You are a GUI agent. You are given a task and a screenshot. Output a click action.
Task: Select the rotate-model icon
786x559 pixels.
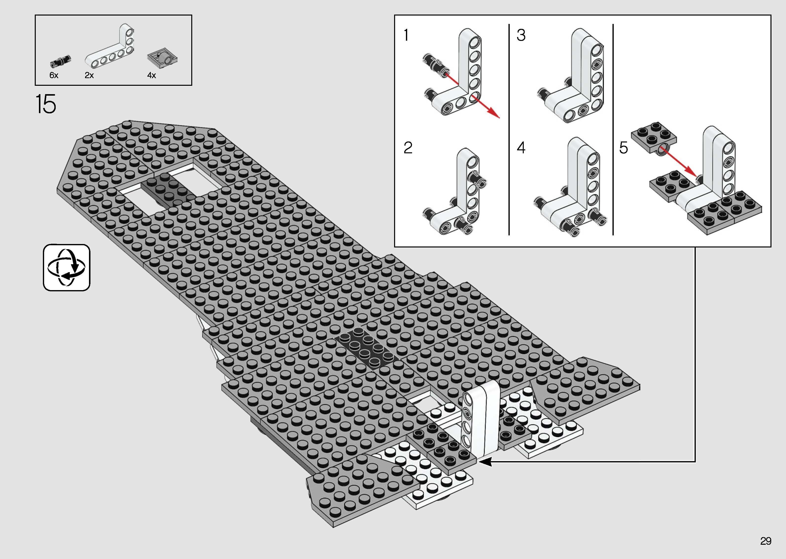(66, 267)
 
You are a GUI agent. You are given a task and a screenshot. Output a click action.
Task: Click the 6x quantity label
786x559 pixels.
(54, 75)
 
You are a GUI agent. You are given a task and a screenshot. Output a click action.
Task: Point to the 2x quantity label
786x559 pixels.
(89, 75)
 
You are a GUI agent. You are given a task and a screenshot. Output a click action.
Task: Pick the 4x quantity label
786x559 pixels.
(151, 75)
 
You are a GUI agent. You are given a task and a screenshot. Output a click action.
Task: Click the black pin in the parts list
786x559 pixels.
(60, 61)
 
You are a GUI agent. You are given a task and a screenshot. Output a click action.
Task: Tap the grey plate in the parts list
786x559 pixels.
(163, 58)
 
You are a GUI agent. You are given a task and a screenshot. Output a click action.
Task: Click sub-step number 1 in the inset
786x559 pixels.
(406, 35)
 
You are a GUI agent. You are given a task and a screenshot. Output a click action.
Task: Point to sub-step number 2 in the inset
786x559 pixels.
(408, 148)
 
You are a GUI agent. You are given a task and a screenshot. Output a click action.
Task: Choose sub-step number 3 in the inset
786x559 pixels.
(521, 35)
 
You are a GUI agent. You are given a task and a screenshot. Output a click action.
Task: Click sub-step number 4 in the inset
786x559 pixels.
(521, 148)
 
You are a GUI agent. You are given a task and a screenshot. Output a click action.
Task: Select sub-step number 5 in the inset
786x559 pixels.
(623, 148)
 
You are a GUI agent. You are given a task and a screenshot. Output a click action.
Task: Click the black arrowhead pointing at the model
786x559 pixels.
(486, 462)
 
